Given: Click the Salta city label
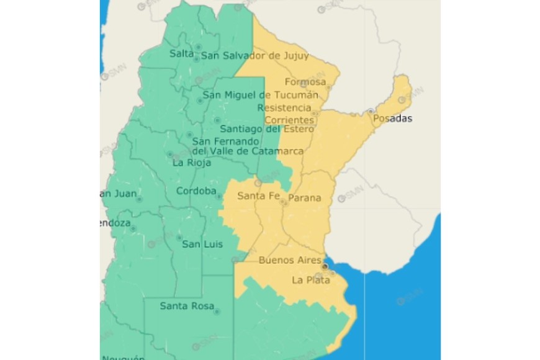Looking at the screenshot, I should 182,54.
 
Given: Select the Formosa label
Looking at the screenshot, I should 305,82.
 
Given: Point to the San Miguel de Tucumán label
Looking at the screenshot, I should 261,95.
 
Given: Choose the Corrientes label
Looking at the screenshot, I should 289,120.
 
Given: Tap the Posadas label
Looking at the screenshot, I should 393,119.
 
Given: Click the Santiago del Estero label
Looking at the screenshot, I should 267,129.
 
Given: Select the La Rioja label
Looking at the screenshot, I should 192,163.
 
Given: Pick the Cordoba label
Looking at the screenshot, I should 196,191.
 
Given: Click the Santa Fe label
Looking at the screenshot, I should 259,197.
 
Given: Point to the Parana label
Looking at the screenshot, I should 305,198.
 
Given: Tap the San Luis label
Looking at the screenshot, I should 199,244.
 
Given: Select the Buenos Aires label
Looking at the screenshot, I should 290,260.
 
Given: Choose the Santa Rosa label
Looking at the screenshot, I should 187,306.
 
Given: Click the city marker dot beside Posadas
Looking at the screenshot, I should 371,111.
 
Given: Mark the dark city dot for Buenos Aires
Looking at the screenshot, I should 325,267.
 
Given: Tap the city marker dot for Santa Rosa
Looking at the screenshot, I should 217,311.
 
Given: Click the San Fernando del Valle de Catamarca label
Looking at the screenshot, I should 248,146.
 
